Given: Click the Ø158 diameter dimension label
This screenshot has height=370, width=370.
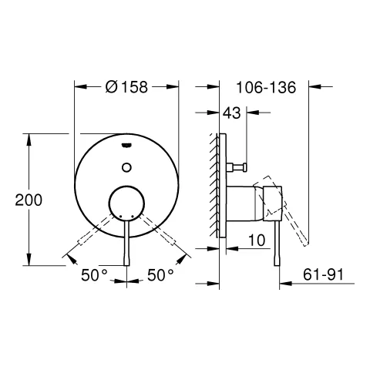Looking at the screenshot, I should coord(126,89).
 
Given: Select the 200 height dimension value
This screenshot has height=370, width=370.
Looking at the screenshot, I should coord(29,200).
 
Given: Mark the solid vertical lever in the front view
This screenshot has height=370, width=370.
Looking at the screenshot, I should coord(126,243).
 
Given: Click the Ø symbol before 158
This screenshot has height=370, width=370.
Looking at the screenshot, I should coord(109,89).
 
